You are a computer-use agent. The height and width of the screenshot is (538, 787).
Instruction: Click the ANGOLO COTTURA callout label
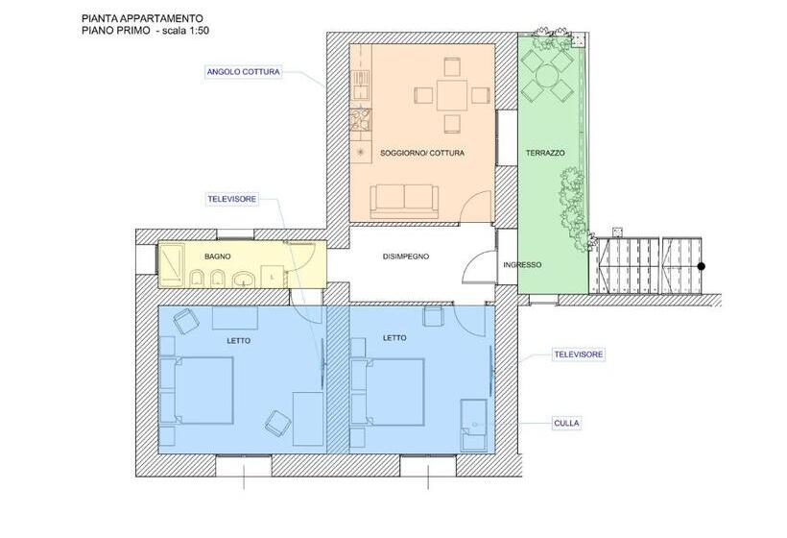pyautogui.click(x=243, y=71)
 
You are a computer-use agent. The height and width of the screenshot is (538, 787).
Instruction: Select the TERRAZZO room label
pyautogui.click(x=545, y=154)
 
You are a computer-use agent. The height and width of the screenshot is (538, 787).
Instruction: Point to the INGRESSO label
pyautogui.click(x=522, y=265)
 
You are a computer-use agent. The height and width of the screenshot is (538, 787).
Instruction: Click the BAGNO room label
pyautogui.click(x=218, y=257)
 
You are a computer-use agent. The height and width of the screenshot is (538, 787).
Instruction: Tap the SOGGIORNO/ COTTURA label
pyautogui.click(x=422, y=153)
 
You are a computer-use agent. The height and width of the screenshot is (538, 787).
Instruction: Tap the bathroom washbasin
pyautogui.click(x=246, y=280)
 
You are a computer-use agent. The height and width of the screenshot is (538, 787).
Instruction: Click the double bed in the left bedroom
pyautogui.click(x=200, y=390)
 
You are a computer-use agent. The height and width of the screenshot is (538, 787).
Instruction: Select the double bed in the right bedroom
pyautogui.click(x=389, y=390)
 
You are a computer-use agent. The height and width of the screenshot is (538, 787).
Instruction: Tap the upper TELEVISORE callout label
pyautogui.click(x=231, y=199)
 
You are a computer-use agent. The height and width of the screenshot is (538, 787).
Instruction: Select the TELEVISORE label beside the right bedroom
pyautogui.click(x=578, y=355)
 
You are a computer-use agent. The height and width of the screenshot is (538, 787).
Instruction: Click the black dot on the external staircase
pyautogui.click(x=702, y=266)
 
